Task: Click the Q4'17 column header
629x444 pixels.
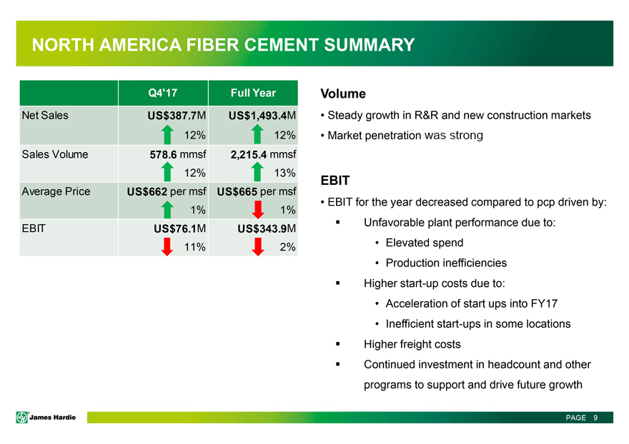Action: (x=162, y=93)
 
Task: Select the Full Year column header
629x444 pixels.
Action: (x=252, y=93)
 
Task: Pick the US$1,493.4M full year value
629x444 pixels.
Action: (x=262, y=116)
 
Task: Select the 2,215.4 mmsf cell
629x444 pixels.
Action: (x=264, y=153)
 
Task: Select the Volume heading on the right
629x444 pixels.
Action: (x=343, y=94)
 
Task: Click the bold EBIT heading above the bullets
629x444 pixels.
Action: (x=335, y=181)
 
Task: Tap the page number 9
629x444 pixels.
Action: (x=595, y=418)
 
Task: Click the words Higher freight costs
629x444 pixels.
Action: (x=412, y=344)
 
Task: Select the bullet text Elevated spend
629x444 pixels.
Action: (x=424, y=243)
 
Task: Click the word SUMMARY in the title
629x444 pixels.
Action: (x=369, y=46)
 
